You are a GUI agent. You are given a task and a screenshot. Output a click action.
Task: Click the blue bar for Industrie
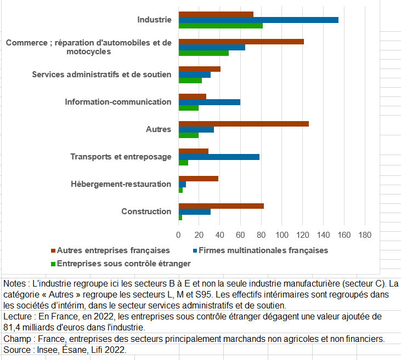(258, 20)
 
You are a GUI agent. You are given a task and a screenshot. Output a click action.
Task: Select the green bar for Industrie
(221, 26)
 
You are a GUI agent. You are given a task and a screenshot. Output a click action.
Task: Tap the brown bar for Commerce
(241, 42)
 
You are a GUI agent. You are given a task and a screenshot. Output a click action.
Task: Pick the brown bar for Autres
(244, 124)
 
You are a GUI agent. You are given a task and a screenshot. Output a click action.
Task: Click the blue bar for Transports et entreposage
(219, 157)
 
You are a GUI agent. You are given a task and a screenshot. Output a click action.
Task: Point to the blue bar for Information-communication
(210, 102)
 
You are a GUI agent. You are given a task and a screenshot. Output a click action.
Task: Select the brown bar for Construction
(221, 206)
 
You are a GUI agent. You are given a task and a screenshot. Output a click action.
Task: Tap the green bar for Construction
(180, 218)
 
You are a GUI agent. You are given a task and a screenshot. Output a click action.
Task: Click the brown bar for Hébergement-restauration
(199, 179)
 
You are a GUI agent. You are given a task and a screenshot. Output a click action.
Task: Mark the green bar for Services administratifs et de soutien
(190, 81)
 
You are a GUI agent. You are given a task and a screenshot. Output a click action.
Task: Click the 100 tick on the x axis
(282, 235)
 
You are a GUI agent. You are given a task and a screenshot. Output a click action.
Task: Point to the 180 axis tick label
(365, 235)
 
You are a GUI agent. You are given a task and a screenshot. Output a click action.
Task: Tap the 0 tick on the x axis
(178, 235)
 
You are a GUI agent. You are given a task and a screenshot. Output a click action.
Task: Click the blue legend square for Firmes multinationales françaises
(195, 250)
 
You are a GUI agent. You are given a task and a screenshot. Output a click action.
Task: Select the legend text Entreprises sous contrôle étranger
(124, 264)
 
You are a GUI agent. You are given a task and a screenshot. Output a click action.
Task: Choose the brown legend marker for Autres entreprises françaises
(53, 250)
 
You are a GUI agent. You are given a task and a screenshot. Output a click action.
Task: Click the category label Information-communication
(118, 102)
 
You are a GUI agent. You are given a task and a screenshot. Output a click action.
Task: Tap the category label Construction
(146, 212)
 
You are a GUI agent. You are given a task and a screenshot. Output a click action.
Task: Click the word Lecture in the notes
(18, 317)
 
